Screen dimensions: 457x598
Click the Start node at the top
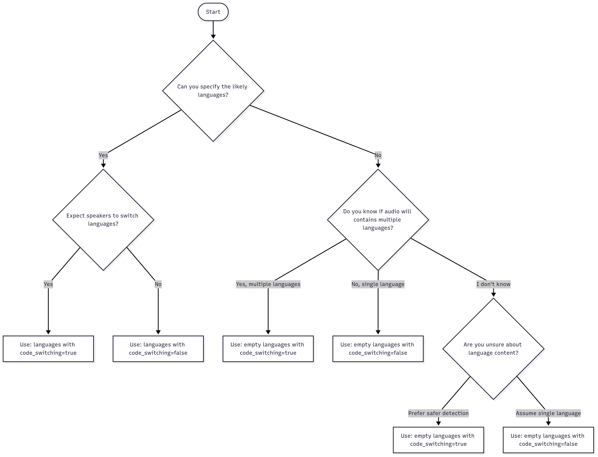pyautogui.click(x=213, y=12)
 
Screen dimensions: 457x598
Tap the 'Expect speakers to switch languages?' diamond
pyautogui.click(x=103, y=220)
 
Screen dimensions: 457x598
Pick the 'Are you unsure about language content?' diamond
pyautogui.click(x=493, y=349)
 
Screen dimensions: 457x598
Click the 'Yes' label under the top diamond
pyautogui.click(x=103, y=155)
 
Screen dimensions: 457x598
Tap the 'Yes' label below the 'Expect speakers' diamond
pyautogui.click(x=48, y=284)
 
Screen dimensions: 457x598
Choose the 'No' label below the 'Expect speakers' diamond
pyautogui.click(x=158, y=284)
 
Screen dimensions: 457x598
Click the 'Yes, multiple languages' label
pyautogui.click(x=268, y=284)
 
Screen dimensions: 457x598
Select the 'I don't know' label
pyautogui.click(x=493, y=284)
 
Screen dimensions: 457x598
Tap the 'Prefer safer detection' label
pyautogui.click(x=438, y=413)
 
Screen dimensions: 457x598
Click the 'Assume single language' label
pyautogui.click(x=548, y=413)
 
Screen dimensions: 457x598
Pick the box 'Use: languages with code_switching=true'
pyautogui.click(x=48, y=349)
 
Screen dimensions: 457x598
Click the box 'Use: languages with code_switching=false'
pyautogui.click(x=158, y=349)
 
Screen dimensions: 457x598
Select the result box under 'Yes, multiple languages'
pyautogui.click(x=268, y=349)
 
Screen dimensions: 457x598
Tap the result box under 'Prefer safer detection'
pyautogui.click(x=438, y=440)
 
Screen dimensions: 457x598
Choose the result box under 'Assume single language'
pyautogui.click(x=548, y=440)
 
